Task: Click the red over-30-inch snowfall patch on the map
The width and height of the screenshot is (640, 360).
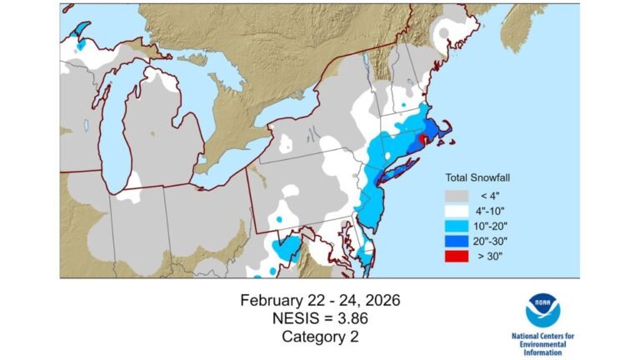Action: pyautogui.click(x=424, y=140)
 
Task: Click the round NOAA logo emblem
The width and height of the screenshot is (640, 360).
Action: pyautogui.click(x=542, y=310)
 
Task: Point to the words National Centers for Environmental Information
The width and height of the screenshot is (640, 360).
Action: pyautogui.click(x=542, y=342)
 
